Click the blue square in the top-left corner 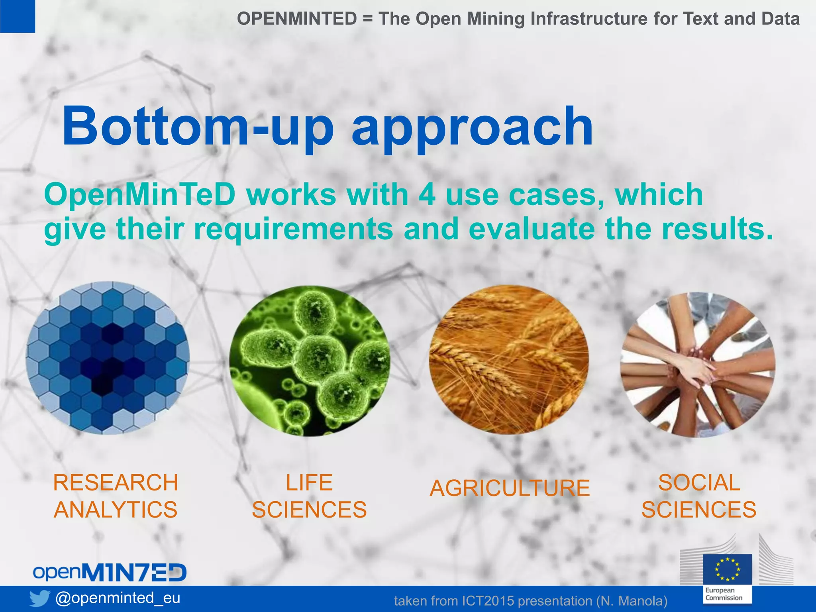coord(17,16)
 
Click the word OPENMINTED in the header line coord(297,19)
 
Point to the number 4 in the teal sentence coord(427,195)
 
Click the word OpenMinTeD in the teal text coord(140,195)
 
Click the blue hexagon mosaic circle coord(108,358)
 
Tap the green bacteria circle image coord(310,361)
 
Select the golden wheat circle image coord(509,360)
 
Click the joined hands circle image coord(698,365)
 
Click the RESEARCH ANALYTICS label coord(116,496)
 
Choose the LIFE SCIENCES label coord(309,496)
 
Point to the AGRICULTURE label coord(510,488)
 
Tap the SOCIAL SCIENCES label coord(699,496)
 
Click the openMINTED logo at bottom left coord(110,572)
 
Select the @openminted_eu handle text coord(118,598)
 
